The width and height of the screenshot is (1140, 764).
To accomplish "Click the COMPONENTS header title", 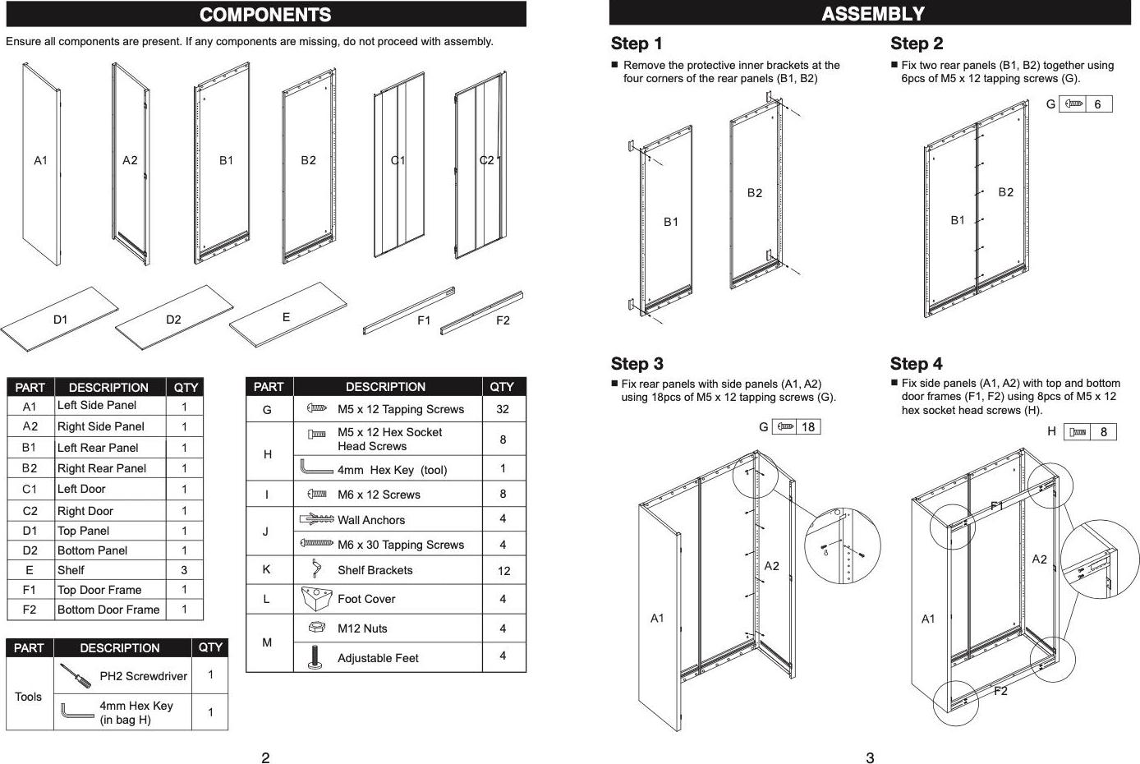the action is pyautogui.click(x=265, y=15).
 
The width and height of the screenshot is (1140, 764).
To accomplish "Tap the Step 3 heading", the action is pyautogui.click(x=637, y=363).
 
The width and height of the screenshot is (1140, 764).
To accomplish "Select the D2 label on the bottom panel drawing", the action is pyautogui.click(x=173, y=319).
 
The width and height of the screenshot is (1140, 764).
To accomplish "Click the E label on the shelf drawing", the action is pyautogui.click(x=286, y=317).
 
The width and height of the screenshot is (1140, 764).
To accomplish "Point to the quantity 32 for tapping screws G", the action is pyautogui.click(x=503, y=409).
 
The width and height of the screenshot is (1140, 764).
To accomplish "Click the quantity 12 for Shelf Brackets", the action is pyautogui.click(x=503, y=571).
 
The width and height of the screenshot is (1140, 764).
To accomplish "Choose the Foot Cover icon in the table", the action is pyautogui.click(x=316, y=598).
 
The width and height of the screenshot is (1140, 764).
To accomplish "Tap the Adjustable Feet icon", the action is pyautogui.click(x=315, y=657).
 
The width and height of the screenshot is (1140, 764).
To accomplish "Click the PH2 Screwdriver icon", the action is pyautogui.click(x=76, y=675).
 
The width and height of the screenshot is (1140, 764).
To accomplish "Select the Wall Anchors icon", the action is pyautogui.click(x=316, y=519).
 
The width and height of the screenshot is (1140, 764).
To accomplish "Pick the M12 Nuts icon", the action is pyautogui.click(x=317, y=627).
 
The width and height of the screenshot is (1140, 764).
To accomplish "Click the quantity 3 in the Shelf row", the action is pyautogui.click(x=184, y=570).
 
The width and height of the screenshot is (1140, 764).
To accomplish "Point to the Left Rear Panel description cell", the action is pyautogui.click(x=110, y=448).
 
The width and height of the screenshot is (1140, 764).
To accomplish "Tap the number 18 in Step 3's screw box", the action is pyautogui.click(x=808, y=427).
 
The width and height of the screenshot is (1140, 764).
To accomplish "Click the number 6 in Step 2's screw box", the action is pyautogui.click(x=1097, y=104).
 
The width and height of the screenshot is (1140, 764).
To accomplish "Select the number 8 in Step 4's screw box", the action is pyautogui.click(x=1103, y=432).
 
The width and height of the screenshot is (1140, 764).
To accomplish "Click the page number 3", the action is pyautogui.click(x=870, y=758).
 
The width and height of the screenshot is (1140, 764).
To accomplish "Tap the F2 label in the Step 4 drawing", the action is pyautogui.click(x=1000, y=691).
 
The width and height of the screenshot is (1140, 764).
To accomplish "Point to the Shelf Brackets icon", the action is pyautogui.click(x=316, y=568).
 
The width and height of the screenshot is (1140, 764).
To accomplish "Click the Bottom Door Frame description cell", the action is pyautogui.click(x=110, y=610).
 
